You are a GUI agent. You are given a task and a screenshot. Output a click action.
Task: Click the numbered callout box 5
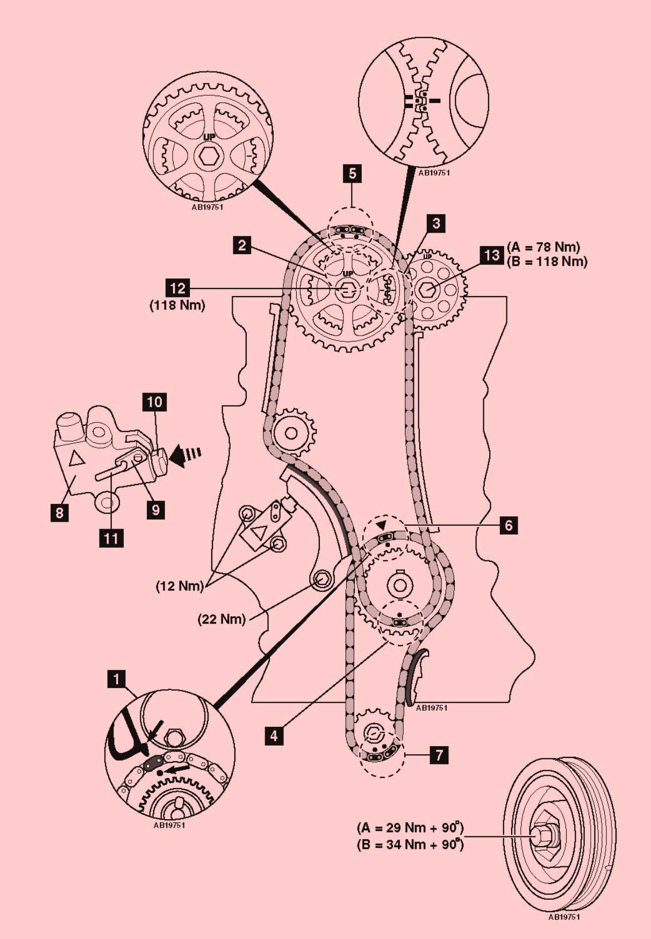tap(352, 174)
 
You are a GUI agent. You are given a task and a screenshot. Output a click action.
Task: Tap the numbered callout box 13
tap(491, 255)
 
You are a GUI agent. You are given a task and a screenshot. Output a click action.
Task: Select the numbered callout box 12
tap(177, 288)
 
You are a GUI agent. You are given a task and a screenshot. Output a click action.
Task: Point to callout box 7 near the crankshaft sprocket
tap(439, 755)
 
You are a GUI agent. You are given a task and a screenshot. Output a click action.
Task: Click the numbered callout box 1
tap(116, 679)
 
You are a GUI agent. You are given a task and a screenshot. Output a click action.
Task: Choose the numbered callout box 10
tap(154, 402)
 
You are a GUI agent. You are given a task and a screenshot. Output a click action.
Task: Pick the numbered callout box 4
tap(274, 735)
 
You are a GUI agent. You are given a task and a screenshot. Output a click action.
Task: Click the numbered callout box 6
tap(509, 525)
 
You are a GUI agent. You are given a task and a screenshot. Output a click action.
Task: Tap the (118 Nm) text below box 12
tap(177, 306)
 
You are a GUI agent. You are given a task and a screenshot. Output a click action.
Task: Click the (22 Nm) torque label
tap(221, 619)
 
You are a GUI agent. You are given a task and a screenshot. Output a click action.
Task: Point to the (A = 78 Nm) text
tap(543, 247)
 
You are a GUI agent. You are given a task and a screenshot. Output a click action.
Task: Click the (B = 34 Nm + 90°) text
tap(410, 844)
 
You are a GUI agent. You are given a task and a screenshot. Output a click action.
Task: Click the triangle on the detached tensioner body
tap(75, 458)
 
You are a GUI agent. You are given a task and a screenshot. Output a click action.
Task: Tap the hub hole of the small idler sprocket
tap(291, 433)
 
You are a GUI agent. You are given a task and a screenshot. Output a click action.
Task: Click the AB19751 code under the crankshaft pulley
tap(563, 917)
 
